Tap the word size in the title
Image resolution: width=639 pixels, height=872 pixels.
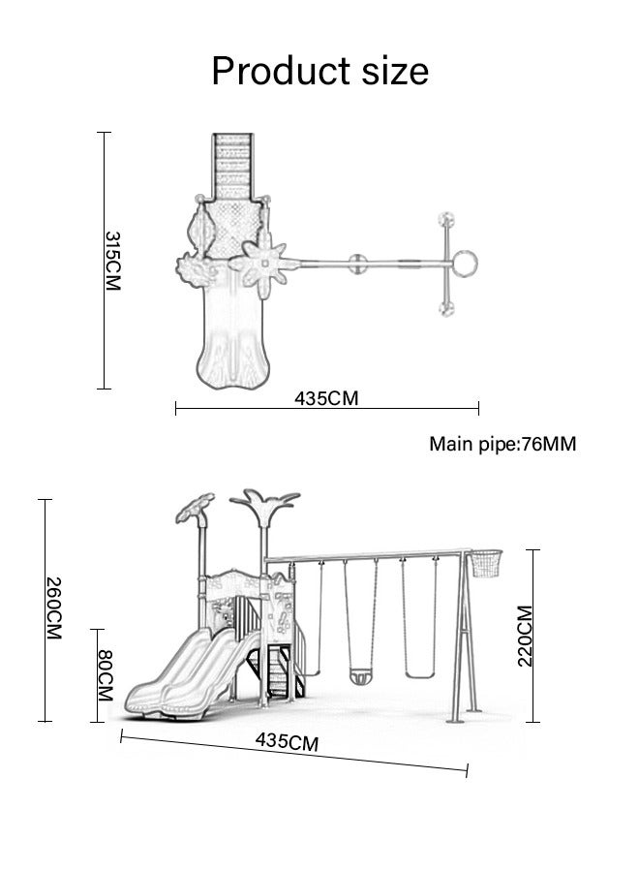(x=395, y=71)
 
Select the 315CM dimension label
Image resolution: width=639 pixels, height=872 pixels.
(x=112, y=261)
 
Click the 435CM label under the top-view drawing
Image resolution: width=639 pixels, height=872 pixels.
(x=326, y=398)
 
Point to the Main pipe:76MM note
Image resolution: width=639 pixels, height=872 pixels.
(x=502, y=444)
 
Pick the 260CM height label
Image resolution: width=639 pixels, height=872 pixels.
(x=54, y=607)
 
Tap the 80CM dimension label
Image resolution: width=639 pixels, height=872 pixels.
(x=106, y=674)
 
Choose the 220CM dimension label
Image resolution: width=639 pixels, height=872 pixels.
(x=525, y=636)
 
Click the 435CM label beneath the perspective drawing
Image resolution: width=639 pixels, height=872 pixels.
(x=287, y=742)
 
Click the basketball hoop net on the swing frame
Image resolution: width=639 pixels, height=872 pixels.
(x=486, y=563)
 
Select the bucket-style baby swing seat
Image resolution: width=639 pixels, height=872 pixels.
(x=360, y=676)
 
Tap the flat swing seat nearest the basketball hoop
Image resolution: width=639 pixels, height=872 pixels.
(x=419, y=675)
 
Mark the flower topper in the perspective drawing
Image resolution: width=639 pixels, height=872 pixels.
(x=195, y=507)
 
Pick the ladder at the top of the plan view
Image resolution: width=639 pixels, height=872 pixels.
(x=232, y=167)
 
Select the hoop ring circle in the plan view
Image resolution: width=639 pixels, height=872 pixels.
(x=465, y=264)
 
